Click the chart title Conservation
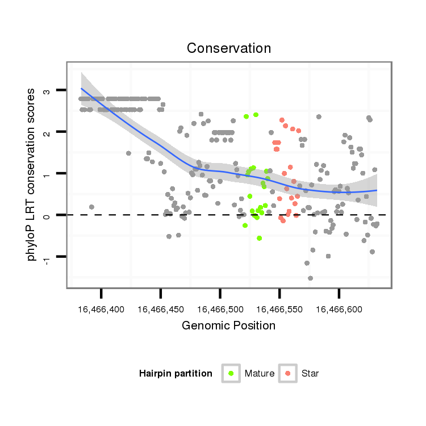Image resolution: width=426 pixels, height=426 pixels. click(x=229, y=48)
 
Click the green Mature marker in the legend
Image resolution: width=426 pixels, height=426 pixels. click(x=231, y=373)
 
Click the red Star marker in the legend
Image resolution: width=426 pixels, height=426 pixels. click(x=288, y=373)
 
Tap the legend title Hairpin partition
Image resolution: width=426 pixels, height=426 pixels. click(x=176, y=374)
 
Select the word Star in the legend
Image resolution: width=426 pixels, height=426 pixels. click(x=310, y=374)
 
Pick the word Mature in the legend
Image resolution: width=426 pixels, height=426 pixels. click(x=260, y=374)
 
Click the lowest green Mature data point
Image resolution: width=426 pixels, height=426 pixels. click(x=259, y=238)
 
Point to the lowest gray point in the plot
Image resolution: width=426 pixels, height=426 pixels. click(x=310, y=278)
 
